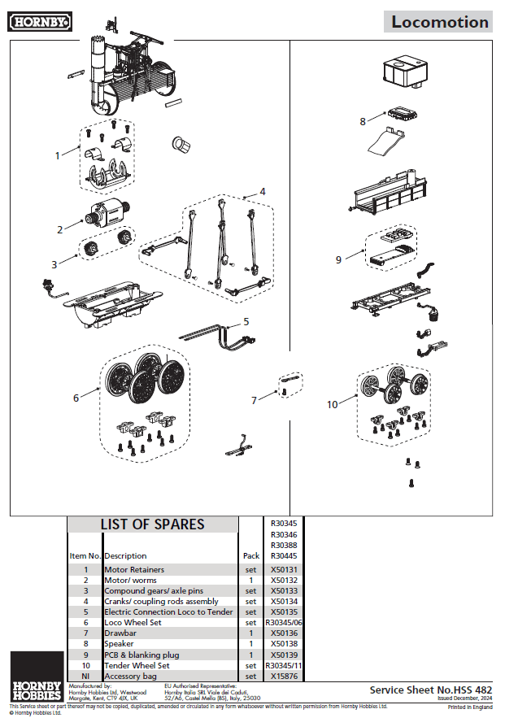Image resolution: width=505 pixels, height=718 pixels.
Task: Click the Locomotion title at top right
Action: [x=440, y=22]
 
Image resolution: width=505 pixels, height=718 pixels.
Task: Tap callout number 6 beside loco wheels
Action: [x=76, y=398]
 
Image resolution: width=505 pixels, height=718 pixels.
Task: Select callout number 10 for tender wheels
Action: [x=332, y=404]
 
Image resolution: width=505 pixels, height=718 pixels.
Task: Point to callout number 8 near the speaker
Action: [x=363, y=121]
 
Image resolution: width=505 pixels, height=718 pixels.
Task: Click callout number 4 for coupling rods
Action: [x=262, y=191]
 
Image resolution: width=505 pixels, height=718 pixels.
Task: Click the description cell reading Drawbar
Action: [x=119, y=633]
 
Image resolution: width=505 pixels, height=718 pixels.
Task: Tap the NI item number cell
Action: [x=85, y=676]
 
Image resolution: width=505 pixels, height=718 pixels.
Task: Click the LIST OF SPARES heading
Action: [x=152, y=524]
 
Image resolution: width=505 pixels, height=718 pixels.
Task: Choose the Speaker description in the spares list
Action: [x=119, y=644]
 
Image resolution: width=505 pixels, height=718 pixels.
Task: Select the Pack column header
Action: [x=251, y=556]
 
